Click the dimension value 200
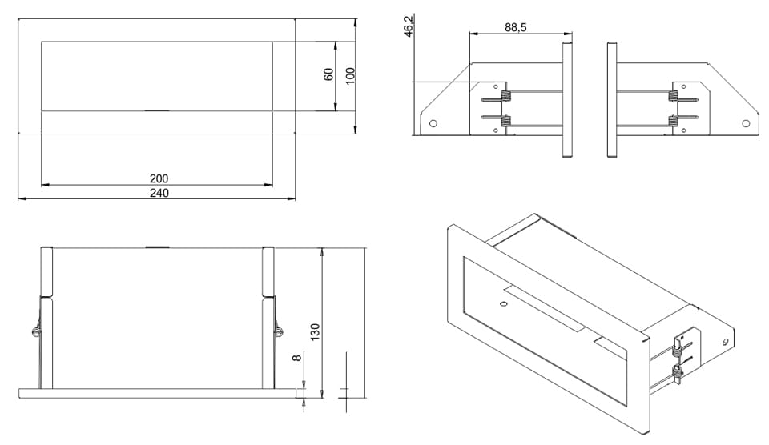click(x=158, y=178)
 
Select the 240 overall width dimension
click(x=158, y=193)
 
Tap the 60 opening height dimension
click(x=328, y=74)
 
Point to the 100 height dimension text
click(x=349, y=76)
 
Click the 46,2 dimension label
click(x=409, y=25)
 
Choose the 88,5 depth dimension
click(x=515, y=27)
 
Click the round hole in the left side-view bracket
click(x=433, y=124)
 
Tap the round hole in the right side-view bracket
click(x=746, y=123)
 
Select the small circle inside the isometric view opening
click(x=502, y=304)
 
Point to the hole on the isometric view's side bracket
click(x=726, y=342)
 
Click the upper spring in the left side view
click(x=505, y=98)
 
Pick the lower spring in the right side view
click(x=673, y=121)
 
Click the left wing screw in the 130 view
click(x=34, y=331)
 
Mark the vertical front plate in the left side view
click(x=567, y=99)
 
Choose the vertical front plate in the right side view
click(x=612, y=99)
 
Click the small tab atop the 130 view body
click(x=157, y=247)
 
